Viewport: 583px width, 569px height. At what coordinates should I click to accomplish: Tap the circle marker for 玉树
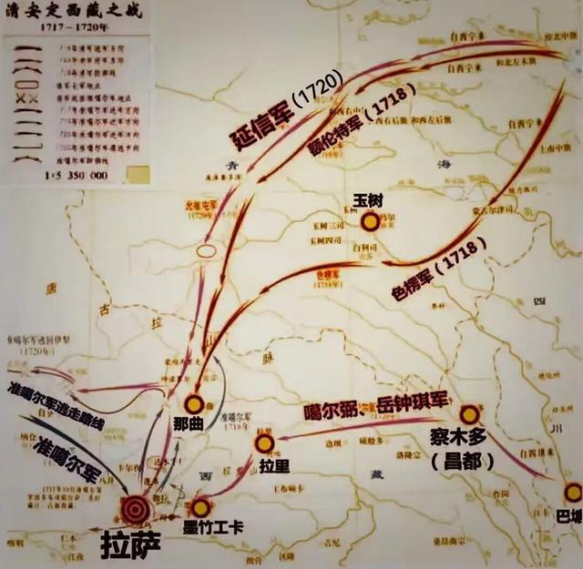click(370, 221)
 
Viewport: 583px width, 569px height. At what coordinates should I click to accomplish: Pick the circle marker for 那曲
click(194, 403)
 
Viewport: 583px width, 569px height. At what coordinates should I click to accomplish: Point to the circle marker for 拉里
click(264, 442)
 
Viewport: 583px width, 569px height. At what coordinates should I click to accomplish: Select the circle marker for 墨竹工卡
click(201, 507)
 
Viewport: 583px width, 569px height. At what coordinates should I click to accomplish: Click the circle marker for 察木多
click(470, 414)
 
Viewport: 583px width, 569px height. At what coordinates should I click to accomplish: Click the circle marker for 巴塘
click(572, 493)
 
